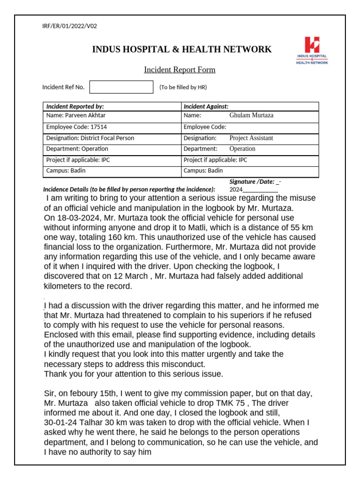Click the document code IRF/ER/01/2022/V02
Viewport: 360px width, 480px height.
(69, 26)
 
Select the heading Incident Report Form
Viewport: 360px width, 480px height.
(180, 70)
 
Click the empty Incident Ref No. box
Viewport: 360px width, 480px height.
(121, 87)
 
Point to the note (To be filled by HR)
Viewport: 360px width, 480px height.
(183, 87)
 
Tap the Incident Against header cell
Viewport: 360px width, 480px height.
(206, 106)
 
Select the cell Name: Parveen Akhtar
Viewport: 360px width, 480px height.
(72, 115)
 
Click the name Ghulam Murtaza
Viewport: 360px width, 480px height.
(251, 115)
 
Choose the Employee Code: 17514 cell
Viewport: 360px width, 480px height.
(70, 127)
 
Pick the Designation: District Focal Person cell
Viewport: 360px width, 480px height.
(90, 138)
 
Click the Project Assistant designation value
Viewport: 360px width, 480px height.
(251, 138)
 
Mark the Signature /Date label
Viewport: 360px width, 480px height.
(252, 181)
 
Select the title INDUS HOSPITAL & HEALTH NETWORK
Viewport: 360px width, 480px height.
(181, 49)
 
